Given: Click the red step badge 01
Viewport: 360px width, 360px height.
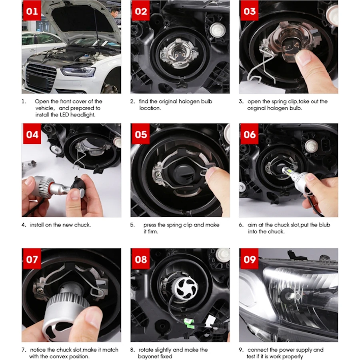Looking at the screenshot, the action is click(x=32, y=11).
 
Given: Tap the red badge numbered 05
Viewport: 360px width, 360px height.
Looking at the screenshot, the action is click(x=141, y=134).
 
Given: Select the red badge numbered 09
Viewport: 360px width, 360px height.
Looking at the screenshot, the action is click(x=250, y=260).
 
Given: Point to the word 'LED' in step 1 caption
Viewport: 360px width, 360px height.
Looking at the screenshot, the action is click(x=65, y=114).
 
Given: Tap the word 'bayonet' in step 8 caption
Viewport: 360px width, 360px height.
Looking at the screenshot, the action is click(x=148, y=356).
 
